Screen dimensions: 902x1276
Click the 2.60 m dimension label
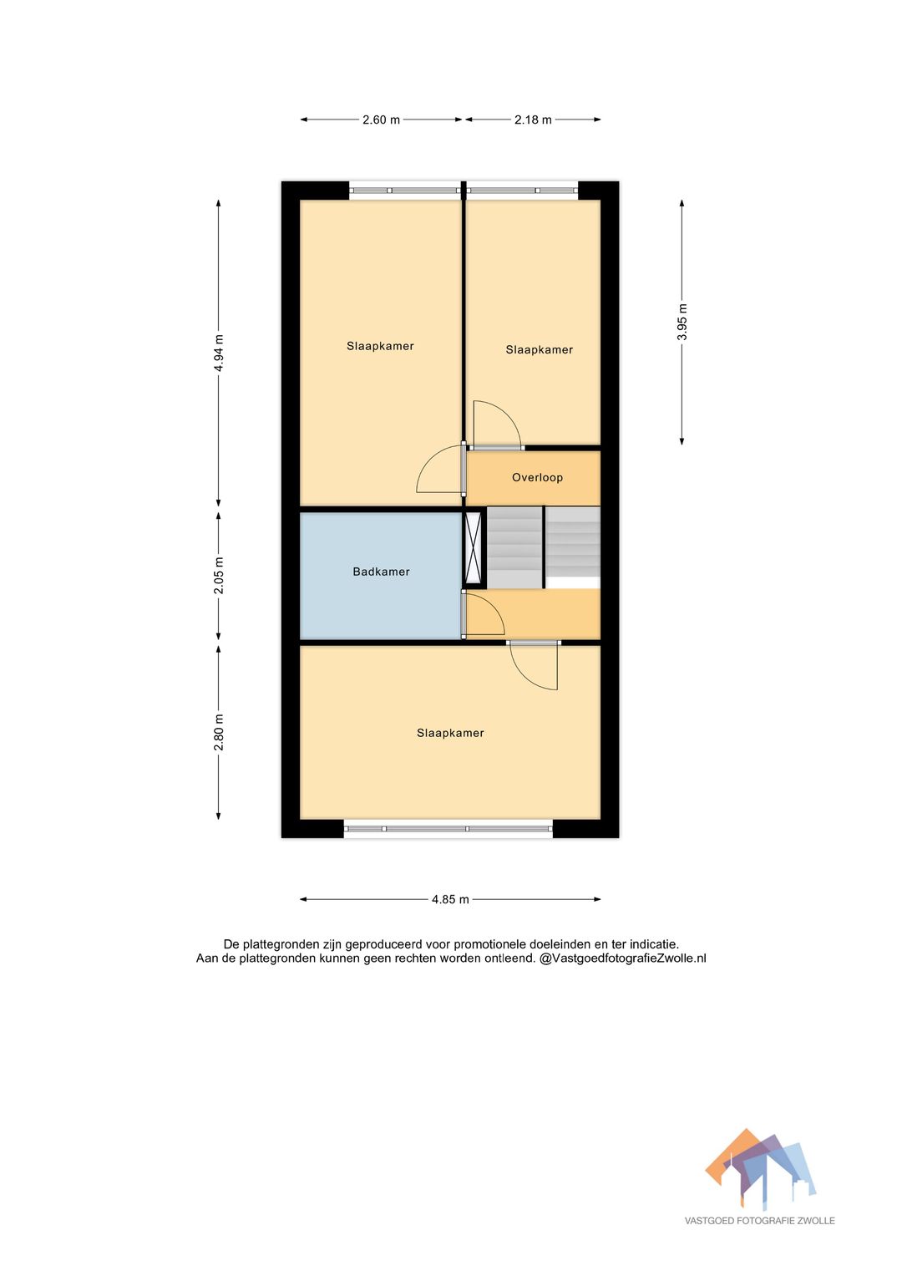381,119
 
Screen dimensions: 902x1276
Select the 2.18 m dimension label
533,119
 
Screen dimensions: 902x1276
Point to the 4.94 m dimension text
219,353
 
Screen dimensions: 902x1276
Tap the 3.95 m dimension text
682,322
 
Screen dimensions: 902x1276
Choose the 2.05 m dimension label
219,576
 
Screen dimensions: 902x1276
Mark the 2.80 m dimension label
219,732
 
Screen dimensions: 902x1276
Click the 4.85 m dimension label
450,899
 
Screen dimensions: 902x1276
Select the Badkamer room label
381,572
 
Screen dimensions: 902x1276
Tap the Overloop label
537,477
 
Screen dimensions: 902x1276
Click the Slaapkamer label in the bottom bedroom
450,733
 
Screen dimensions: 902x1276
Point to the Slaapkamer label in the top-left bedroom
380,346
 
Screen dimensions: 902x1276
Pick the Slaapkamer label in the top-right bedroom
540,350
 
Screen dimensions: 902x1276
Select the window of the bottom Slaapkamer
448,829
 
